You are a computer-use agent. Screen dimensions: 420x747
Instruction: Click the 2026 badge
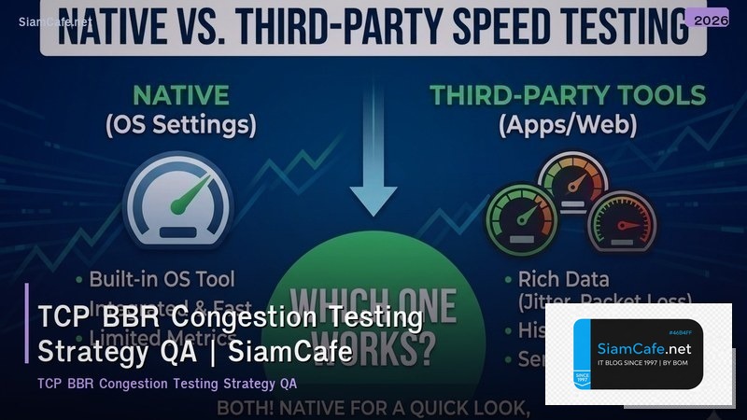pyautogui.click(x=707, y=19)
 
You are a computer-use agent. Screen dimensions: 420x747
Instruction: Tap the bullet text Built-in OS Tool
pyautogui.click(x=162, y=278)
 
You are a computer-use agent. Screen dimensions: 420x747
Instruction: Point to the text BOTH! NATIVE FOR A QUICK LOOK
pyautogui.click(x=373, y=408)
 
